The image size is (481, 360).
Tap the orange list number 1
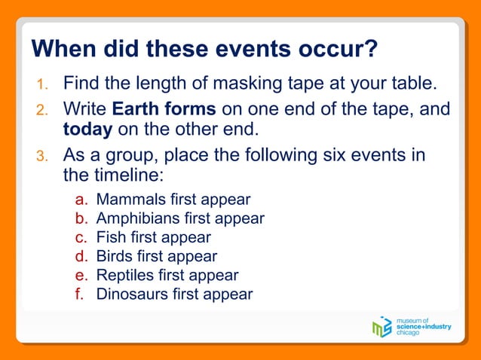42,83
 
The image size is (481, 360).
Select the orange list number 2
42,111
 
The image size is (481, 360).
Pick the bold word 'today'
87,130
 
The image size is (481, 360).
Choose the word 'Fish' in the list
111,237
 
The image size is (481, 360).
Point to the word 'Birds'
114,256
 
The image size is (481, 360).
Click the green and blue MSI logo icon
382,326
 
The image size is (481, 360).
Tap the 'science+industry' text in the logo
424,327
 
